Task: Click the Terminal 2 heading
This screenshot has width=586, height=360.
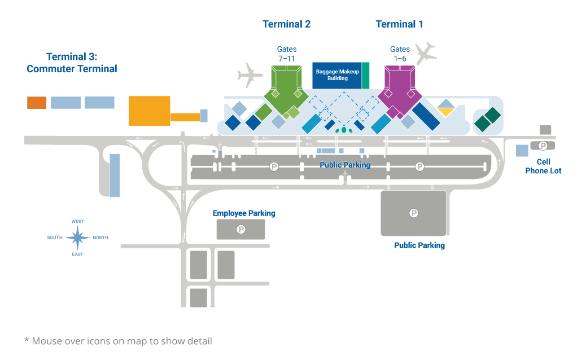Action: click(286, 24)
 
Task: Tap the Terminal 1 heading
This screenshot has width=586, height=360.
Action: click(399, 24)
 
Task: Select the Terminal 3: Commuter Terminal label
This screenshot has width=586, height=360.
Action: click(72, 63)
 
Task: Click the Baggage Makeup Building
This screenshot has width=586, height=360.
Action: click(338, 76)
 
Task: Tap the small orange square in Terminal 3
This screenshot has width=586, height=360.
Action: click(37, 102)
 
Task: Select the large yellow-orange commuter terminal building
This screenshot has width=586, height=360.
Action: click(150, 111)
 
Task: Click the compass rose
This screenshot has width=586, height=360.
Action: click(77, 238)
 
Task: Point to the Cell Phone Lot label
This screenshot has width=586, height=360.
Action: click(543, 166)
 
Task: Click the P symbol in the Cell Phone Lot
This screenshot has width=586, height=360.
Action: click(543, 146)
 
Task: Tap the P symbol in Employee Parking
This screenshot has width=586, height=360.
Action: click(241, 229)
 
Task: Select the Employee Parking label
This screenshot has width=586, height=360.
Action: click(244, 213)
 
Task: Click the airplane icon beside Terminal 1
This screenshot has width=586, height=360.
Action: click(426, 52)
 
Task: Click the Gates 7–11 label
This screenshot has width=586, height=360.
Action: click(287, 54)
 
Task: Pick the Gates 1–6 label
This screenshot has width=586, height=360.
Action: click(400, 54)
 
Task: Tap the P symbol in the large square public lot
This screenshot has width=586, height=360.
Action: click(414, 213)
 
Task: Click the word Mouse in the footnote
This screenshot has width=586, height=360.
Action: click(47, 341)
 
